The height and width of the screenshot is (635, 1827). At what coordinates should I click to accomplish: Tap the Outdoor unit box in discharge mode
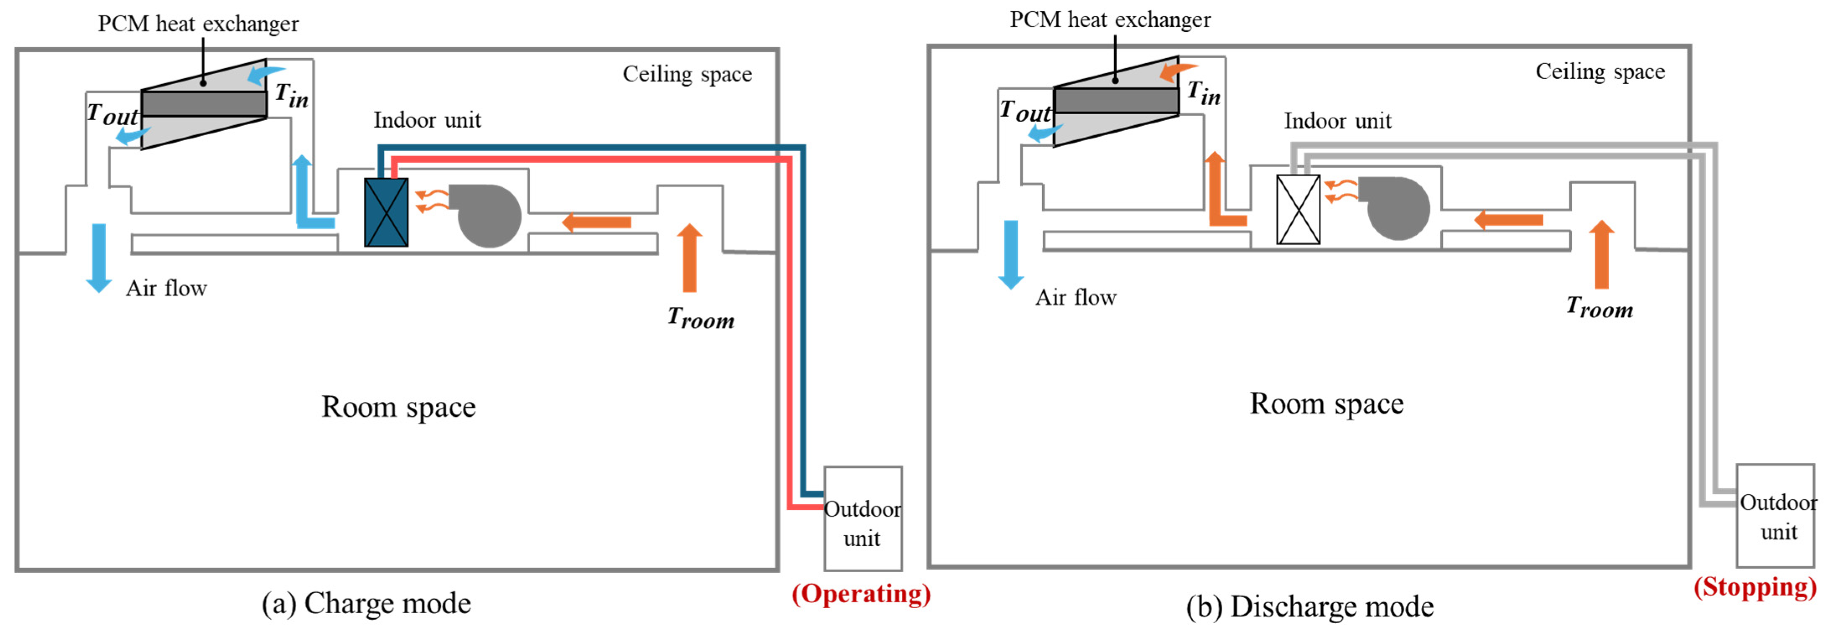[1776, 515]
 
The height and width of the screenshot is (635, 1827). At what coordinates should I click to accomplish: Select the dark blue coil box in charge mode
[386, 212]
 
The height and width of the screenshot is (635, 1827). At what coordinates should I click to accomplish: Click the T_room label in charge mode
[701, 318]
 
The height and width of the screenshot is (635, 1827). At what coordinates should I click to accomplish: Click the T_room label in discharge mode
[1600, 308]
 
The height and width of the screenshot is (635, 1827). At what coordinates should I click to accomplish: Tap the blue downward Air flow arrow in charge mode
[98, 258]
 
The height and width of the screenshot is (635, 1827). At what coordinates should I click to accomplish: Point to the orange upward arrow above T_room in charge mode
[689, 257]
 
